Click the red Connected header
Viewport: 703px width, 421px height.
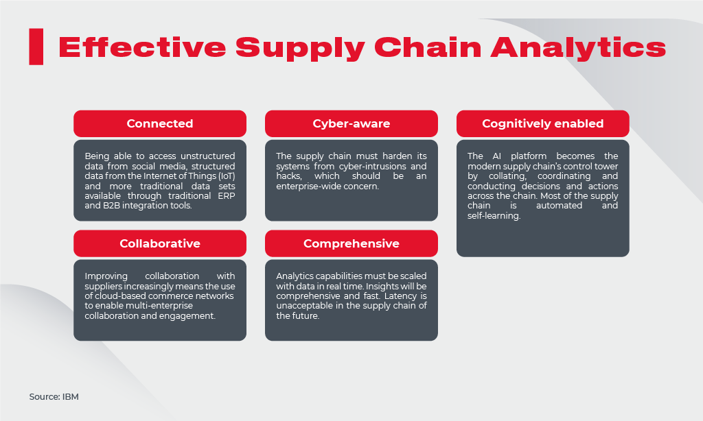(x=159, y=123)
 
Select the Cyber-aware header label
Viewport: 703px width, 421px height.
(x=351, y=123)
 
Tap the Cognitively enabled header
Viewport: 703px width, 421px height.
(x=542, y=123)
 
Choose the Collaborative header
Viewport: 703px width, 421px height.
(x=159, y=243)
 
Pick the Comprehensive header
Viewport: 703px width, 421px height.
(x=351, y=243)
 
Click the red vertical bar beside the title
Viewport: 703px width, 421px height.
(x=36, y=47)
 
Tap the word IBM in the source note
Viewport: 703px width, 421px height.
(x=70, y=396)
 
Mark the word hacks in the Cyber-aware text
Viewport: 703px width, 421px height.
(x=288, y=176)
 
